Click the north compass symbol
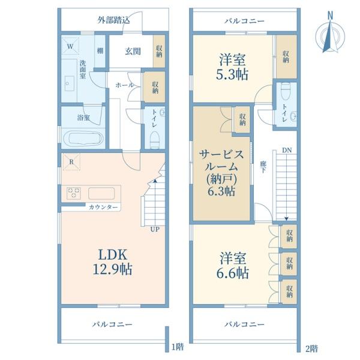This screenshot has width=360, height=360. (x=330, y=34)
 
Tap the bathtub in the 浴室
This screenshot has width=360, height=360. (x=83, y=139)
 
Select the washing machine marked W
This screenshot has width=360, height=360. (x=70, y=46)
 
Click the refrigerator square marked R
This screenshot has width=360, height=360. (x=71, y=162)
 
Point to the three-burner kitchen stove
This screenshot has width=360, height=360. (x=73, y=193)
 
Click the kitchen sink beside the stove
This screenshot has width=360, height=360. (x=101, y=193)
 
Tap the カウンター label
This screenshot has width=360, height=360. (x=103, y=208)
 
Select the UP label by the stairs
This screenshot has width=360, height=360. (x=155, y=229)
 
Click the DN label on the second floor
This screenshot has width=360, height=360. (x=287, y=151)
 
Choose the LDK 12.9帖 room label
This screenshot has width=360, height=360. (x=113, y=262)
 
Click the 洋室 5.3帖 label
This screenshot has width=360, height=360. (x=232, y=67)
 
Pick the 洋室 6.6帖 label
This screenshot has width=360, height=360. (x=232, y=265)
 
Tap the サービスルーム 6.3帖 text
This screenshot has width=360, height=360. (x=221, y=173)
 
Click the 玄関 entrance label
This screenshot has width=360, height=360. (x=133, y=51)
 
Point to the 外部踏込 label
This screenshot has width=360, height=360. (x=113, y=20)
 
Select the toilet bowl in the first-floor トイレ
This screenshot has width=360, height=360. (x=155, y=140)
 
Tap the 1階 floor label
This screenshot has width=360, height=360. (x=178, y=347)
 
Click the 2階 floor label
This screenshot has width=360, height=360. (x=312, y=349)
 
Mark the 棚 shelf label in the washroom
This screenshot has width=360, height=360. (x=100, y=51)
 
